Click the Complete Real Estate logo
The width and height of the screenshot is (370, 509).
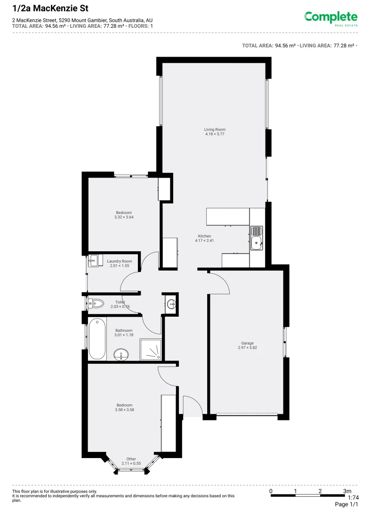tap(330, 18)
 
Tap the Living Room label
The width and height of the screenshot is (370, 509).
tap(215, 131)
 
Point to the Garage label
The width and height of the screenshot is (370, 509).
tap(247, 345)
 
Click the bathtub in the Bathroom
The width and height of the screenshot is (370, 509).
tap(97, 338)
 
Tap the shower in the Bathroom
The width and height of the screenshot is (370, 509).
tap(151, 350)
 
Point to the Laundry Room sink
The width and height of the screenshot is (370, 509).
tap(93, 260)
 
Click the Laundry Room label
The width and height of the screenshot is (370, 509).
tap(120, 263)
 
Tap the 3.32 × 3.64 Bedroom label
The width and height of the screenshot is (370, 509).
tap(124, 215)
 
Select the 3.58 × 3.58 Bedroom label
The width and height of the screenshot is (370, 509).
tap(125, 407)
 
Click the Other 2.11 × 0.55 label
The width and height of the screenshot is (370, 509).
tap(131, 461)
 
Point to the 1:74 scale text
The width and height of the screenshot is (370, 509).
tap(353, 497)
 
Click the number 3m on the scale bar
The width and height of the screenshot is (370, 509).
tap(347, 491)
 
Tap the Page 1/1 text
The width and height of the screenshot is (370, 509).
tap(346, 504)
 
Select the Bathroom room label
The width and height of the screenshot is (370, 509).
tap(124, 333)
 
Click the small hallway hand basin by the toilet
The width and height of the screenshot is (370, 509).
tap(170, 304)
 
